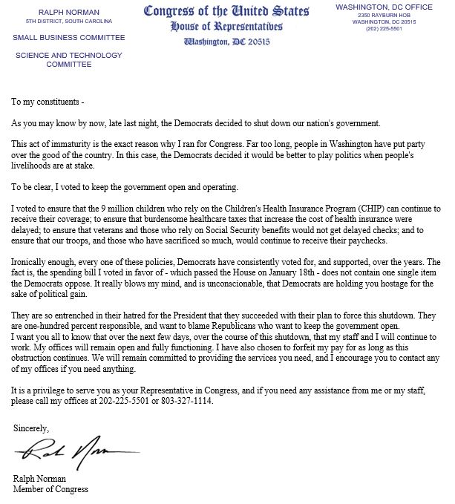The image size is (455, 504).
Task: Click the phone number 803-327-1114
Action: coord(189,402)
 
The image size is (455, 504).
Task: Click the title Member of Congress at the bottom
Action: coord(50,489)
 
